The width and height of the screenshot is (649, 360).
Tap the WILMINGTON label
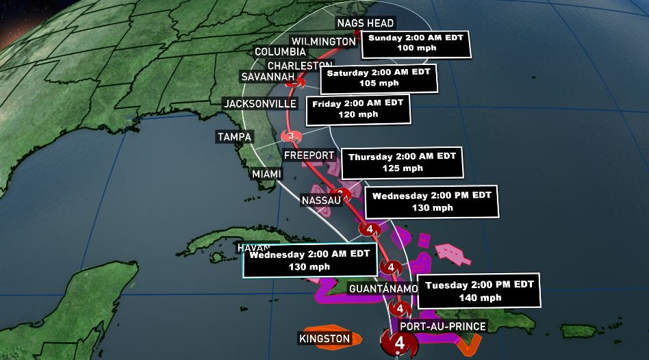click(x=323, y=41)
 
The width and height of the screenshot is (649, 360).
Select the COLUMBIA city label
click(x=280, y=52)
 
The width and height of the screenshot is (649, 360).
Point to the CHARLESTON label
click(x=300, y=66)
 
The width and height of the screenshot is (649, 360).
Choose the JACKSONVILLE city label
click(x=260, y=103)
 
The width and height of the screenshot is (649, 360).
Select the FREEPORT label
click(x=308, y=155)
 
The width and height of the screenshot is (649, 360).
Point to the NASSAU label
click(x=320, y=201)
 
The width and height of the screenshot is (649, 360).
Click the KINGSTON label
click(x=324, y=338)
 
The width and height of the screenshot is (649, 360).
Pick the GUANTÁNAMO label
click(x=383, y=289)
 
